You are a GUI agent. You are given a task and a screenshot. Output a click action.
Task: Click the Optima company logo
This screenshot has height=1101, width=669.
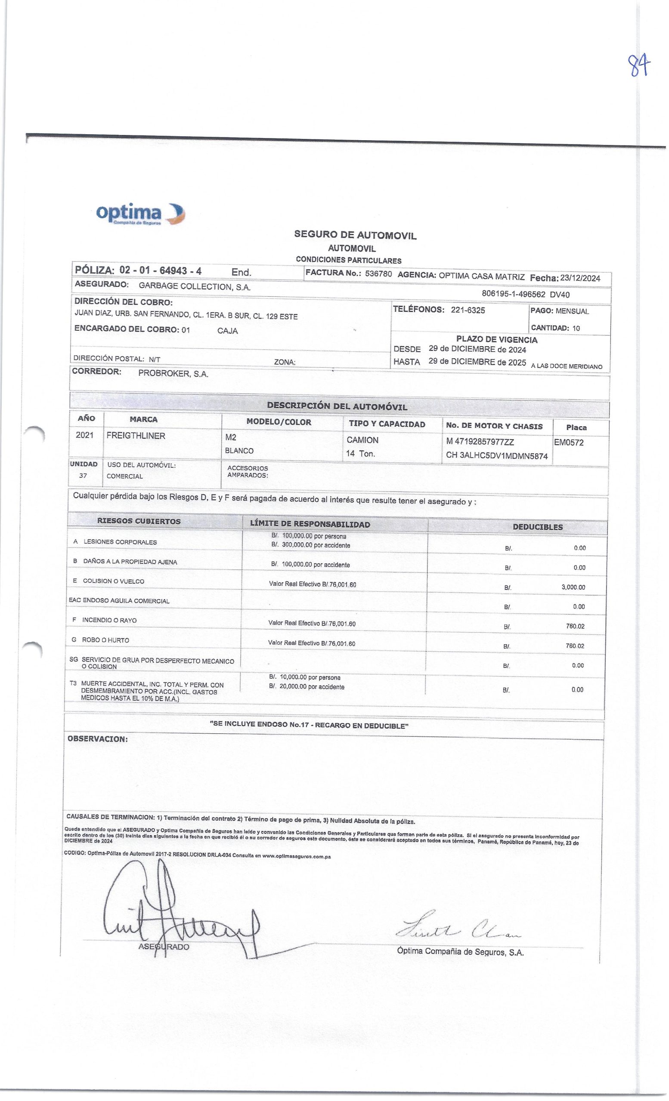click(x=140, y=214)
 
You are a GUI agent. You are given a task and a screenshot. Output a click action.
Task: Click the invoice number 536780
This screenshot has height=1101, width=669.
click(x=378, y=274)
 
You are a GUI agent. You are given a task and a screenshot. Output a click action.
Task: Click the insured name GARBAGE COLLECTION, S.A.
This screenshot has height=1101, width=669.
click(x=195, y=287)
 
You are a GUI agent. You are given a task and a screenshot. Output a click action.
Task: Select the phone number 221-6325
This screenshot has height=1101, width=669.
click(x=468, y=310)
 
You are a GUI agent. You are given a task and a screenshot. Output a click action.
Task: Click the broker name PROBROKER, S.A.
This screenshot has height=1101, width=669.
click(x=173, y=374)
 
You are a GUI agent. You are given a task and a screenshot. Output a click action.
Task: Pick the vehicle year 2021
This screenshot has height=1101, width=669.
click(x=84, y=435)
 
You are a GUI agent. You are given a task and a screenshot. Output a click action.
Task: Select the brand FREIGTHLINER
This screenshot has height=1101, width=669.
click(x=136, y=436)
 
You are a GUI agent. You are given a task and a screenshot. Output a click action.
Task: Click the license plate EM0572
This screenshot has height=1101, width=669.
click(x=568, y=443)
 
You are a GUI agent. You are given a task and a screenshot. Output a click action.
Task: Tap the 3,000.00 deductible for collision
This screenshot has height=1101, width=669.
click(x=573, y=587)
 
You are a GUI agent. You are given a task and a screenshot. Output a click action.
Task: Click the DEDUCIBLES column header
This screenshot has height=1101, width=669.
click(x=538, y=527)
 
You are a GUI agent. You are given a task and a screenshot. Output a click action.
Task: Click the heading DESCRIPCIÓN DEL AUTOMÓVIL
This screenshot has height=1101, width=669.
click(x=337, y=406)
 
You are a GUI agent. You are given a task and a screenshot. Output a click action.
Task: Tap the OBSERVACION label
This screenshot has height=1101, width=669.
click(x=97, y=738)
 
